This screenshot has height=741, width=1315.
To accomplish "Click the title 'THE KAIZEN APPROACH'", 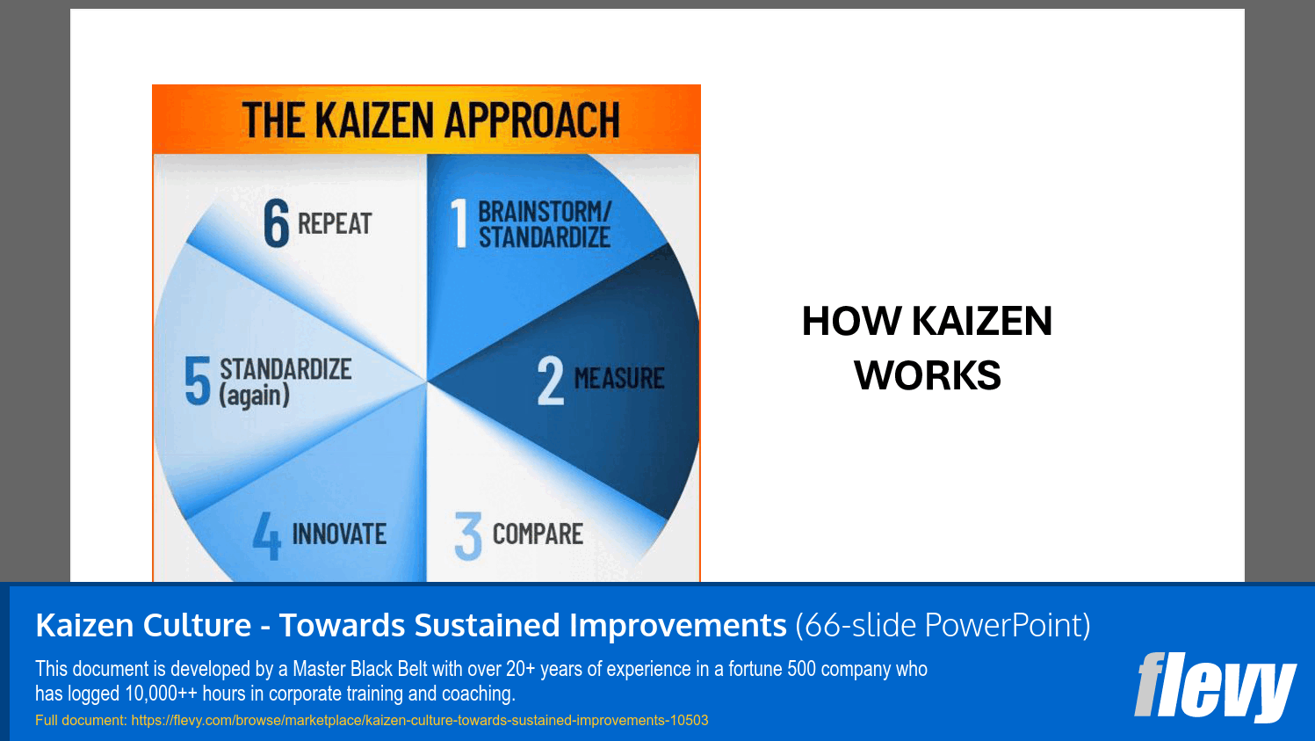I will (430, 120).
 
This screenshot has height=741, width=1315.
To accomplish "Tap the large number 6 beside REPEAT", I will (276, 223).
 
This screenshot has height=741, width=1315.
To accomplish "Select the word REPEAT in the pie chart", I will (335, 224).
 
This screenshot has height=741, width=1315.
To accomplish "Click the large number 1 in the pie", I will (459, 223).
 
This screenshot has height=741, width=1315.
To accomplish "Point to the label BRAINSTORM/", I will (544, 212).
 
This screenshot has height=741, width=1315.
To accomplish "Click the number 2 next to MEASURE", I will (551, 381).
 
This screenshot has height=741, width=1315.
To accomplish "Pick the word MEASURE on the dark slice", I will (619, 379).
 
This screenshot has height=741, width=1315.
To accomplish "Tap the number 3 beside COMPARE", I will (468, 535).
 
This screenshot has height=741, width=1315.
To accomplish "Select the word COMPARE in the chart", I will (538, 534).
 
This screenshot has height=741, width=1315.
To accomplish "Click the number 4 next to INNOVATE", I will (267, 535).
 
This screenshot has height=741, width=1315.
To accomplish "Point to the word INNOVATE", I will (339, 534).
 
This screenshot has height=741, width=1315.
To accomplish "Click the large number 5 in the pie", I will (198, 381).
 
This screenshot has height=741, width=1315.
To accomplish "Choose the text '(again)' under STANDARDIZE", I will (254, 396).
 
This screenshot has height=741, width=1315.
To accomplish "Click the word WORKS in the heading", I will (927, 376).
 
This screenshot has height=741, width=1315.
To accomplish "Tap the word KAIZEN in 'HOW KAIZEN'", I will (981, 322).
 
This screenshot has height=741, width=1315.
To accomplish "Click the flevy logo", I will (1214, 686).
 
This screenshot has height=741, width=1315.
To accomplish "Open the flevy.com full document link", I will (419, 721).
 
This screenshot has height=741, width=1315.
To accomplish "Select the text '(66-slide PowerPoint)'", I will (943, 626).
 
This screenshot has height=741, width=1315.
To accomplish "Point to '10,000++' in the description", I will (162, 694).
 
